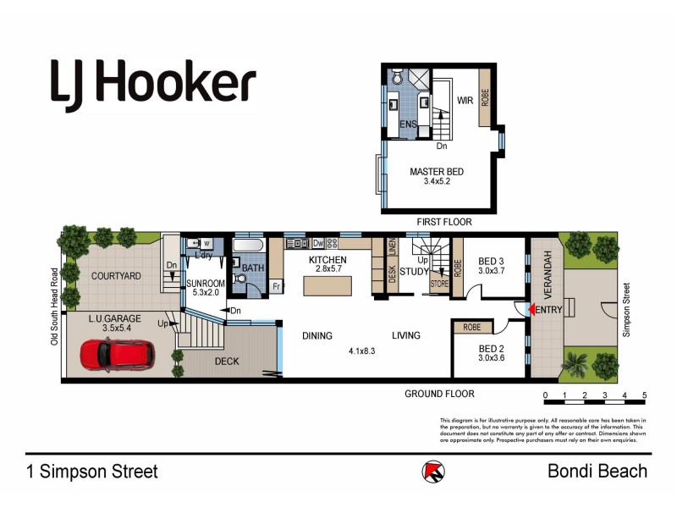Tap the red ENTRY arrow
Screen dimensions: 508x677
click(x=531, y=311)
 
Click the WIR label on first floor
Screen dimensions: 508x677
click(x=465, y=101)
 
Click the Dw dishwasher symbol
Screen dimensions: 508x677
click(x=318, y=244)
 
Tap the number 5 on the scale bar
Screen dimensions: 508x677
click(x=644, y=395)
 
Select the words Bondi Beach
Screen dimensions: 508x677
click(x=597, y=472)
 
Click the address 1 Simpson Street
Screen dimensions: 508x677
click(x=91, y=472)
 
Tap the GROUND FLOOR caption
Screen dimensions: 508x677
click(x=439, y=394)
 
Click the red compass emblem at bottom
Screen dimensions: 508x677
click(x=432, y=472)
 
